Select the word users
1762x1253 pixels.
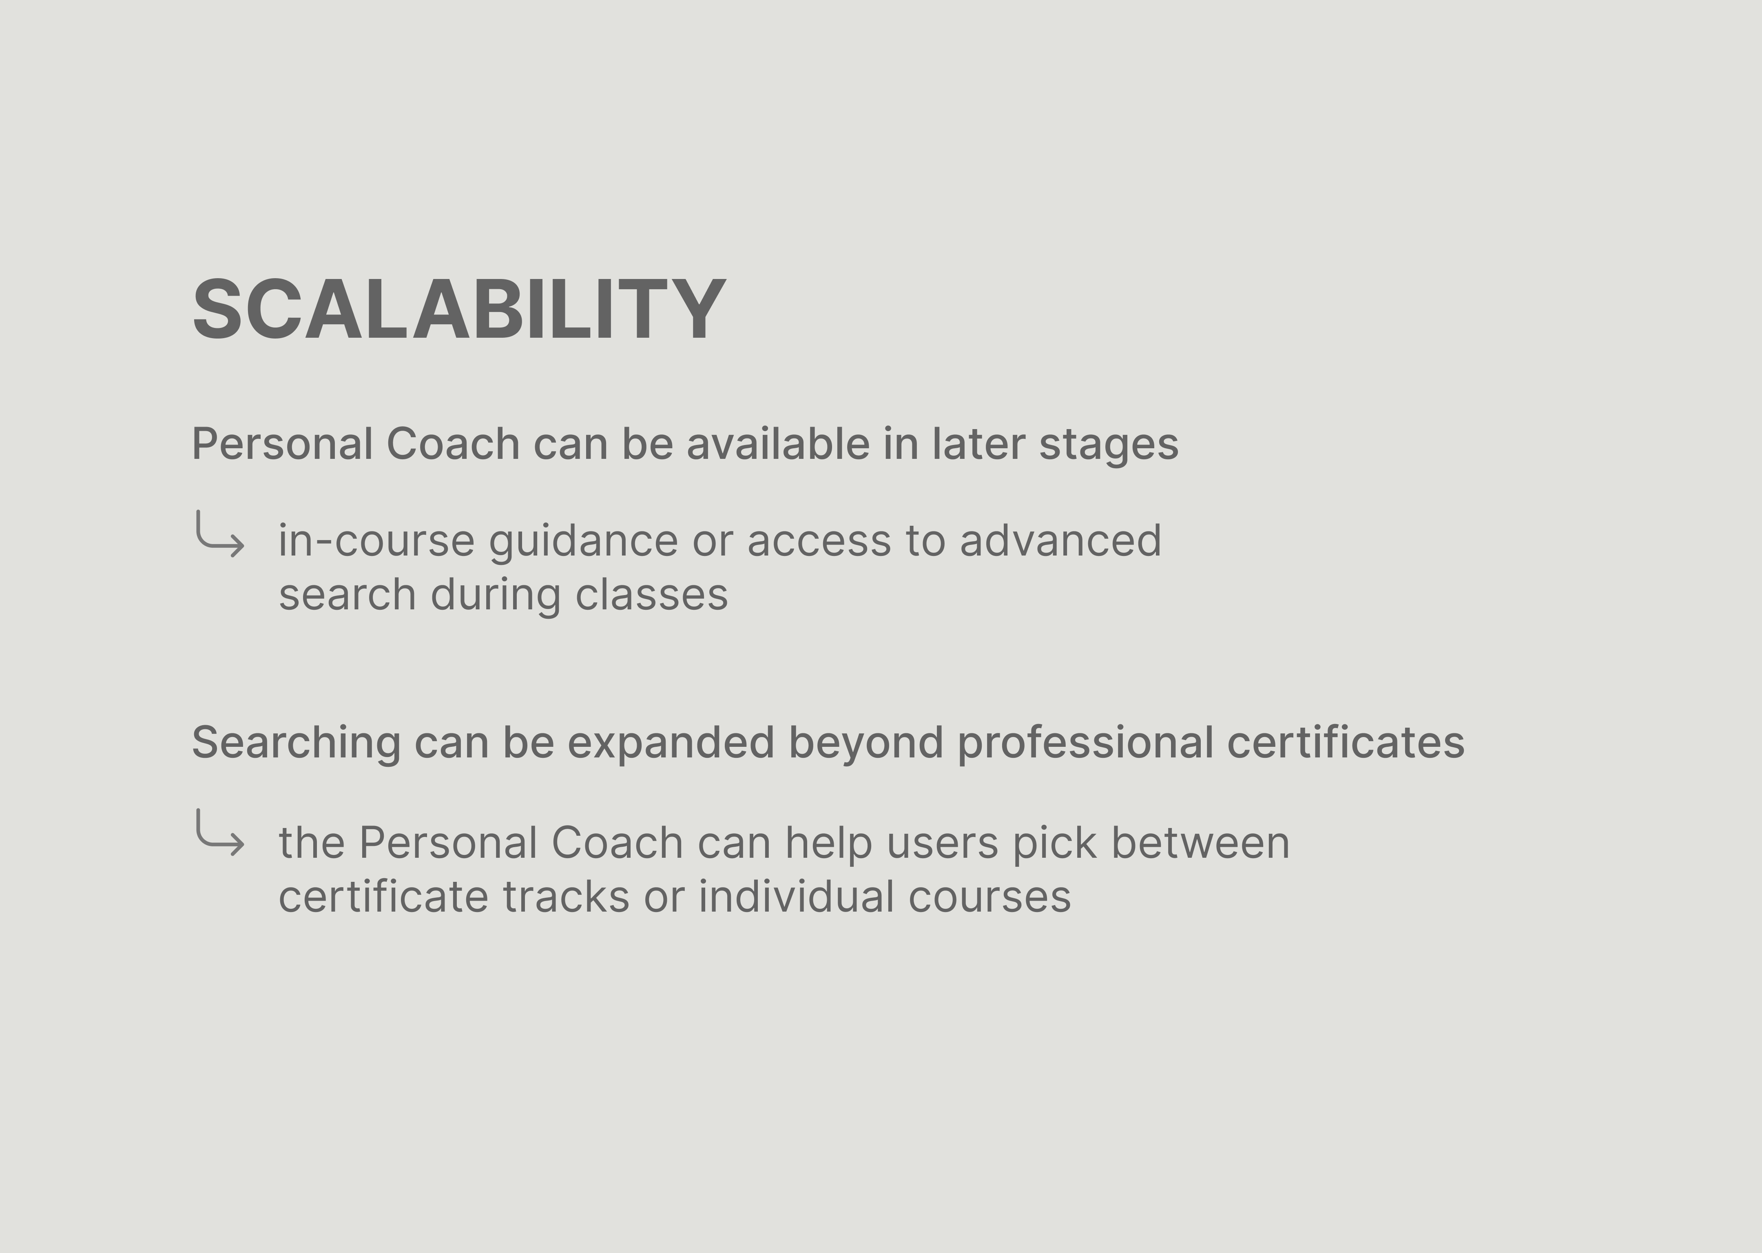tap(943, 844)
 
